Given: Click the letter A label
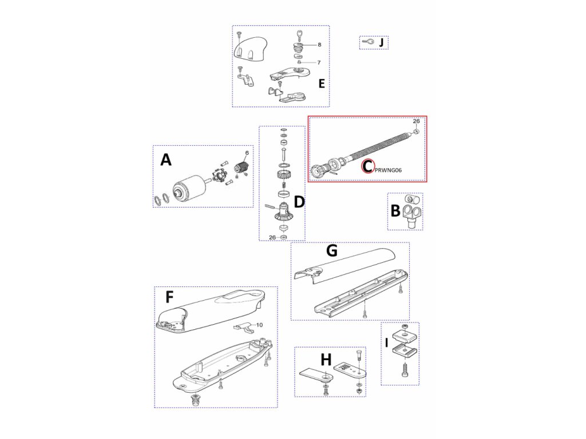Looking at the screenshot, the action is tap(166, 160).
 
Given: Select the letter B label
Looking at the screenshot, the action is tap(395, 211).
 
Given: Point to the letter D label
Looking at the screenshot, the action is tap(299, 202).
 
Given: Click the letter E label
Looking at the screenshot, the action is tap(321, 83).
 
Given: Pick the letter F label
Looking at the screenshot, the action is tap(169, 297).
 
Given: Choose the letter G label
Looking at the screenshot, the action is tap(331, 250).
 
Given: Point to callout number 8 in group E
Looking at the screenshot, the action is tap(319, 44).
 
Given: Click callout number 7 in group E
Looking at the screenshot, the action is tap(319, 62).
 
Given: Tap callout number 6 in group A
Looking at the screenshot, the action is tap(247, 153).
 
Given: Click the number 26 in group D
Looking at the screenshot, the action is tap(272, 237).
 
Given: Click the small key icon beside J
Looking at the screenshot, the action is tap(369, 42).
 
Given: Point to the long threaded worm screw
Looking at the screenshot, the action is tap(378, 149).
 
